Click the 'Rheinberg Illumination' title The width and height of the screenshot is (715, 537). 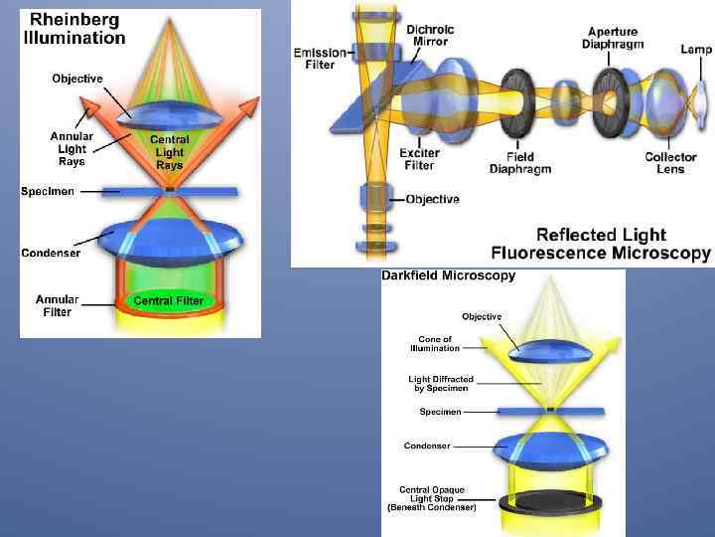[74, 29]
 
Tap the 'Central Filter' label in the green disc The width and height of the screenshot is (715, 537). [168, 300]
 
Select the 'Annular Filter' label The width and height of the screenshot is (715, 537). [58, 304]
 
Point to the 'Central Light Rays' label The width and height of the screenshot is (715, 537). [170, 152]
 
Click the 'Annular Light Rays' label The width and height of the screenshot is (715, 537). [71, 148]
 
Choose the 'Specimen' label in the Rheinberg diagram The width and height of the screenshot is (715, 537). [48, 191]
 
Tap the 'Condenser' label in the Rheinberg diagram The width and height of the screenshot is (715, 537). [52, 253]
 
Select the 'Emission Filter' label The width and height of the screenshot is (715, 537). [320, 59]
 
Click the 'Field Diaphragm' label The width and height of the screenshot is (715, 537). [519, 163]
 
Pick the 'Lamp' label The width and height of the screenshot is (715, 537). [695, 49]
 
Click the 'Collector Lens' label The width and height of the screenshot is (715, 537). [670, 163]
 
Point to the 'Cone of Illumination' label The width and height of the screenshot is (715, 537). [435, 344]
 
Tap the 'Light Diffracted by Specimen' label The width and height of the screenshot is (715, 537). [441, 383]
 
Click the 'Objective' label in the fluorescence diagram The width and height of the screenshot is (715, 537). [432, 199]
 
